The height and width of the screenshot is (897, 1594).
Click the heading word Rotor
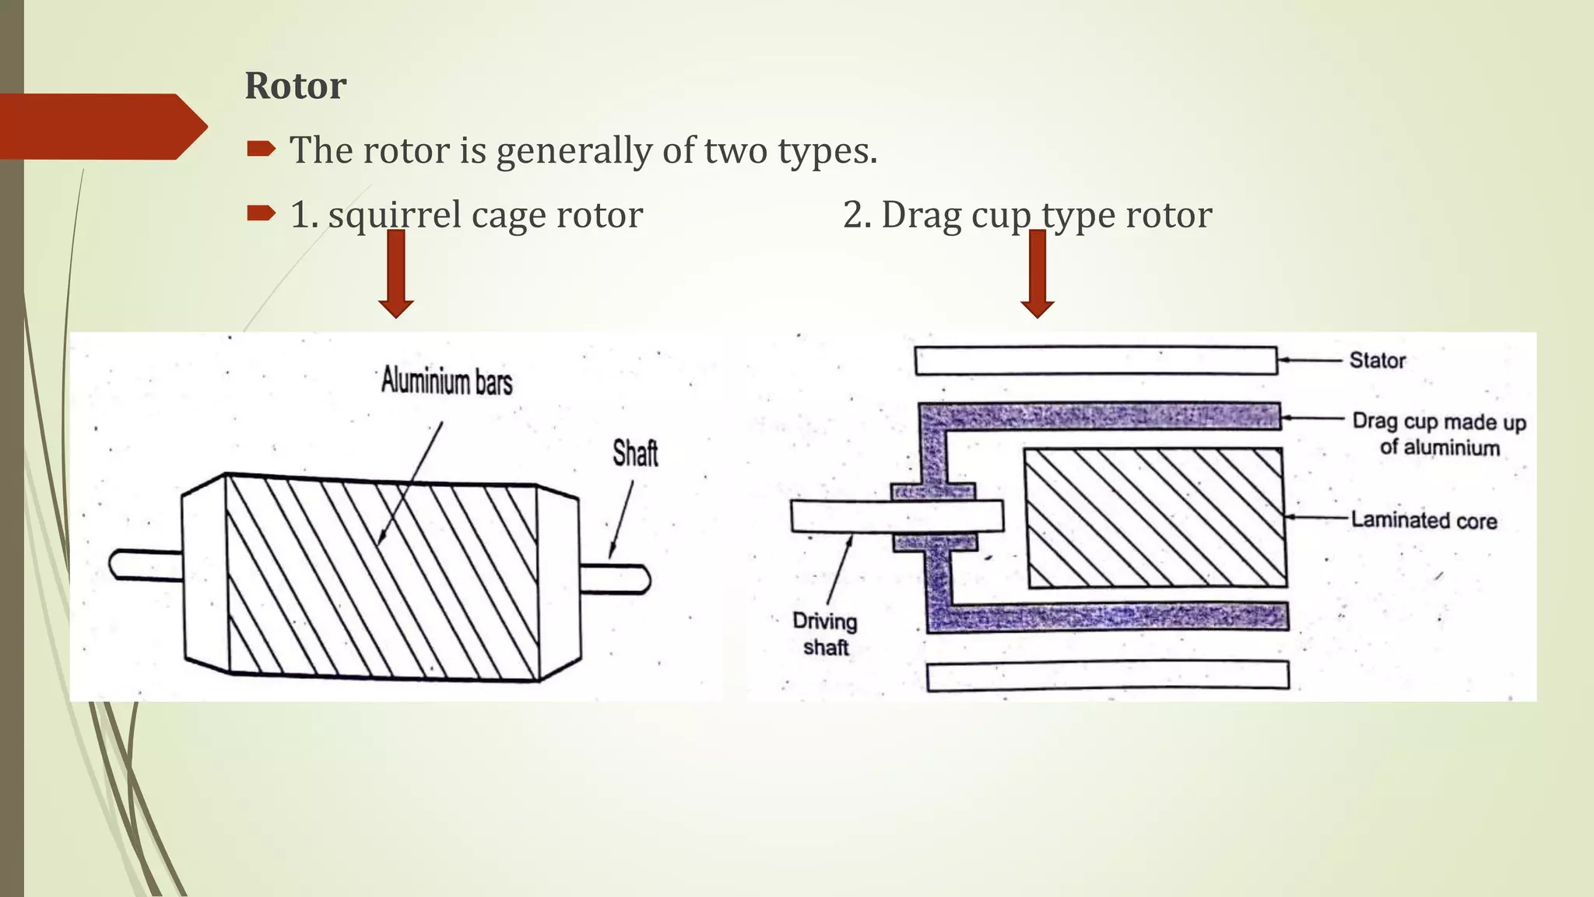(295, 86)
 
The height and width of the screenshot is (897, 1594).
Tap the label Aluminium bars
(447, 382)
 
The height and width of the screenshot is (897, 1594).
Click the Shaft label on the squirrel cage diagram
(634, 453)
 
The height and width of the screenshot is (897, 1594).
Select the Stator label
(1377, 361)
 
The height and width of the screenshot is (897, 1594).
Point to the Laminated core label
(1424, 520)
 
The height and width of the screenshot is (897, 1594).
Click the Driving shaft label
(825, 634)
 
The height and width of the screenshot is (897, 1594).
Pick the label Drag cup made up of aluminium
(1439, 434)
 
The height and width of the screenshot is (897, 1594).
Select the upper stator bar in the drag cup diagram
(1096, 361)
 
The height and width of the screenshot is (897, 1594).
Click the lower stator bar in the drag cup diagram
(1108, 675)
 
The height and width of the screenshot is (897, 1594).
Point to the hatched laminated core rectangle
(1154, 518)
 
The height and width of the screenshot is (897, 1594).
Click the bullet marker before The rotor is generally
(261, 148)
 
